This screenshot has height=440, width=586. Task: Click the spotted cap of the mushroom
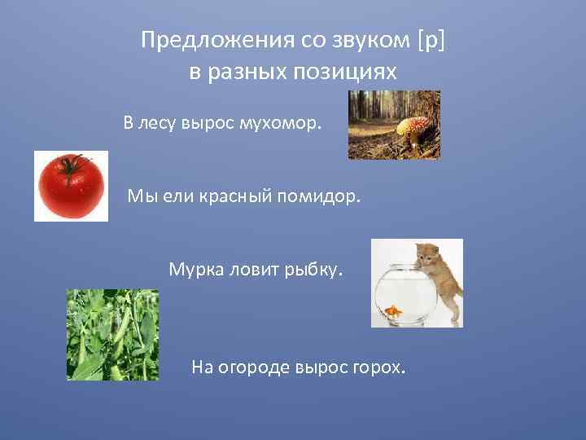pyautogui.click(x=412, y=124)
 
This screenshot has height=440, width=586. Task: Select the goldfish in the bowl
pyautogui.click(x=394, y=310)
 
